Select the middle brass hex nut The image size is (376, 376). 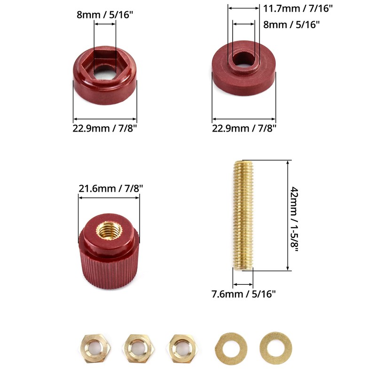pyautogui.click(x=136, y=348)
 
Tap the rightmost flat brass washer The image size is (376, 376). pyautogui.click(x=275, y=348)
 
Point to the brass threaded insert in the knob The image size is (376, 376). pyautogui.click(x=109, y=230)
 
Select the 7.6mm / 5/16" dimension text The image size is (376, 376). pyautogui.click(x=243, y=294)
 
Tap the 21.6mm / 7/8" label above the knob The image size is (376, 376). pyautogui.click(x=110, y=188)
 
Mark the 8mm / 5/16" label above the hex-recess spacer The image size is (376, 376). pyautogui.click(x=105, y=15)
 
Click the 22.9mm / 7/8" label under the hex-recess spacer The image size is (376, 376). pyautogui.click(x=105, y=128)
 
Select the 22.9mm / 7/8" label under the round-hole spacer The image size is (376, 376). pyautogui.click(x=244, y=128)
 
